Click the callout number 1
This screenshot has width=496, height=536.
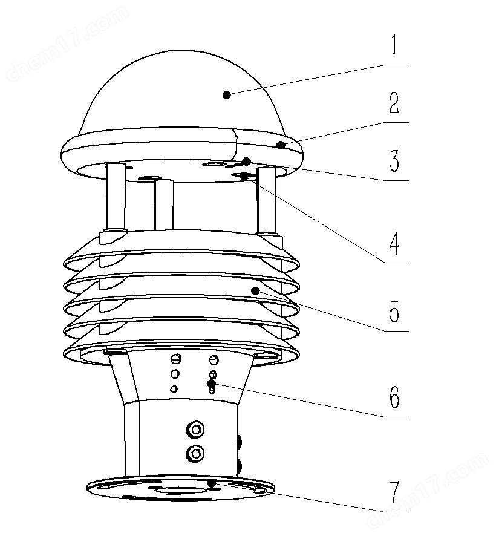394,45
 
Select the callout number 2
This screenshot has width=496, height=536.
394,103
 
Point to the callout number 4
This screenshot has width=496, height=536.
394,243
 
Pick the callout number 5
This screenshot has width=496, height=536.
394,311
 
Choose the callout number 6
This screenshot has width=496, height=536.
394,397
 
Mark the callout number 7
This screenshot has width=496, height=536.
394,492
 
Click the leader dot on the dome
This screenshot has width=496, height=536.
226,95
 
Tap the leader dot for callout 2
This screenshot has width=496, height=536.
281,145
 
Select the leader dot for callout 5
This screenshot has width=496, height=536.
255,291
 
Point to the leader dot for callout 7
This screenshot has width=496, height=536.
212,483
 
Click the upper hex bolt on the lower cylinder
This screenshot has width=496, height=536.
195,430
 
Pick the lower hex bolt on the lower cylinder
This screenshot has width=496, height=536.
195,454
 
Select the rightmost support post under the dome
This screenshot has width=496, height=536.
267,201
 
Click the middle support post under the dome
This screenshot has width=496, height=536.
164,204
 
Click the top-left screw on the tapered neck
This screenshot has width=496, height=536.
175,359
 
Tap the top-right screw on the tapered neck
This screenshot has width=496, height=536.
214,359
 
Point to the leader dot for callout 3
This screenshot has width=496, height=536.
246,162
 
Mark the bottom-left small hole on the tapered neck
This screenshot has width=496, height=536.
174,388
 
